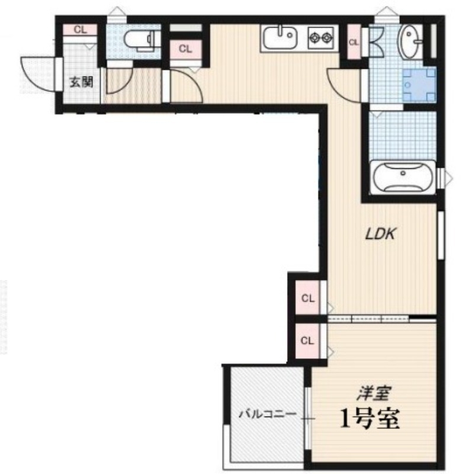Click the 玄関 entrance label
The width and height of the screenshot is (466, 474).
coord(81,82)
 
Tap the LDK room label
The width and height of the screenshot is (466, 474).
coord(380,233)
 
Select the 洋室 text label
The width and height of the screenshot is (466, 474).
coord(374,393)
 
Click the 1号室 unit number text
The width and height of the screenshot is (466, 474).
coord(369,418)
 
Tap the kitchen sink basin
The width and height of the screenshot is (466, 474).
coord(279,37)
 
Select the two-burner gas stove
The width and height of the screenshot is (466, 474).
coord(321,37)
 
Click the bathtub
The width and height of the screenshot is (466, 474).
coord(403,177)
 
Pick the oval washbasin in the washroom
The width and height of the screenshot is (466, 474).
coord(410,41)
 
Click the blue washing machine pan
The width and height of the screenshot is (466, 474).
coord(419,84)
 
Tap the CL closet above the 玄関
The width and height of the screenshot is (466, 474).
coord(80,30)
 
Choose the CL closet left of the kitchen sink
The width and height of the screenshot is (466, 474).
coord(185,49)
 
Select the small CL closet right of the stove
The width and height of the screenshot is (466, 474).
coord(353,42)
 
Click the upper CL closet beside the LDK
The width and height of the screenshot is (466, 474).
coord(307,299)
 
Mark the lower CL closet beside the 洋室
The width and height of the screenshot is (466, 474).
coord(307,341)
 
